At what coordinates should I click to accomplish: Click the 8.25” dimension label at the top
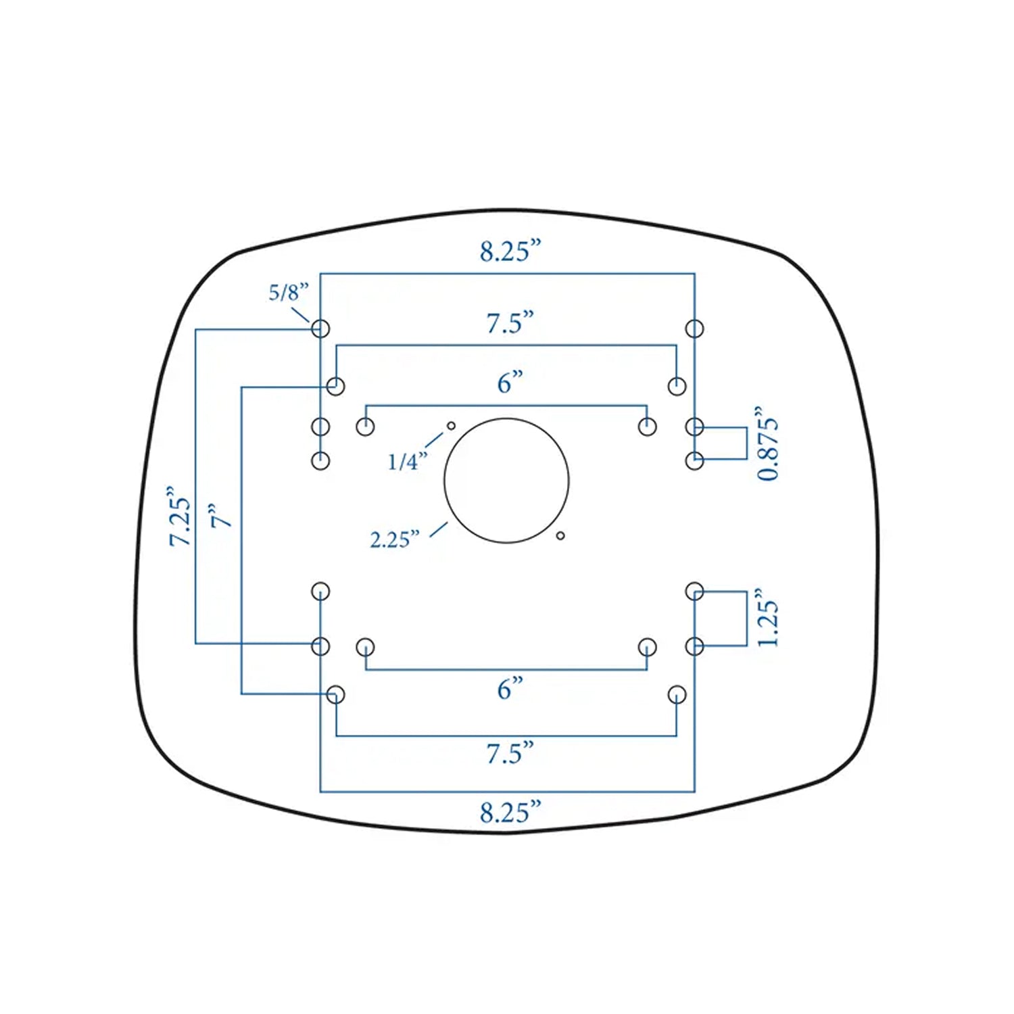[x=510, y=251]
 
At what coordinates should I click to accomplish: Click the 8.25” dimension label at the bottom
[x=510, y=812]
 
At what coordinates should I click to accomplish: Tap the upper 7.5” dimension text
[x=510, y=323]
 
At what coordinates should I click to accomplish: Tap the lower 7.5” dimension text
[x=510, y=752]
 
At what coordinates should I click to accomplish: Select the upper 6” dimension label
[x=510, y=383]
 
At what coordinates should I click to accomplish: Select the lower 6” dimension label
[x=510, y=689]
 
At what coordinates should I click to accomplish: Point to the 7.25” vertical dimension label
[x=180, y=516]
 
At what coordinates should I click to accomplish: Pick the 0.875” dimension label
[x=767, y=443]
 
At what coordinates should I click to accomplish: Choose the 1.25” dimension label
[x=767, y=617]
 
